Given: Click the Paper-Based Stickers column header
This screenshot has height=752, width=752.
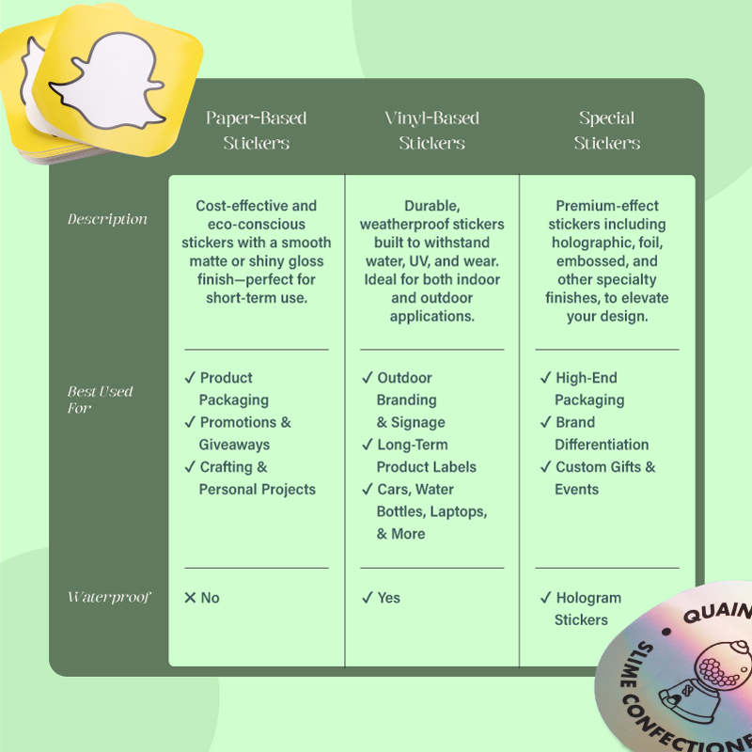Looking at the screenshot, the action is [x=256, y=130].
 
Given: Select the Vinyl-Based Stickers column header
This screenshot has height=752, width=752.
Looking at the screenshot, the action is [x=431, y=130].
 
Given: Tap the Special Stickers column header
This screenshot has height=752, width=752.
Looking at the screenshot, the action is [x=606, y=130].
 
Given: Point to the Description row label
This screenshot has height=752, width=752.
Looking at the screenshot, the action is [x=107, y=219].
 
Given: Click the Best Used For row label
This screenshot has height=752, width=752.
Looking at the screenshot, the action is [x=100, y=399].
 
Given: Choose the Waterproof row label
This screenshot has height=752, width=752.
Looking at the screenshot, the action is [x=109, y=597].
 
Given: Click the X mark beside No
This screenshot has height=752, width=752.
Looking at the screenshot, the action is [x=190, y=598].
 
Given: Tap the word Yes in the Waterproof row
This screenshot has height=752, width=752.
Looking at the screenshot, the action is [x=388, y=598].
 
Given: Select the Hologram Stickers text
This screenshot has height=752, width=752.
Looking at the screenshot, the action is [x=587, y=608].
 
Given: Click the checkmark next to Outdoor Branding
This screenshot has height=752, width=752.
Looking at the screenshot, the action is [x=368, y=378].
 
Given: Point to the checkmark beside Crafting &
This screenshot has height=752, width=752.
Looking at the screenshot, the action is [x=190, y=466].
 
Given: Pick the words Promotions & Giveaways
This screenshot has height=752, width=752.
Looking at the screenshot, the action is [x=245, y=433].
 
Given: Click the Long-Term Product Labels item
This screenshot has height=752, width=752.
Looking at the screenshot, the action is [x=427, y=456].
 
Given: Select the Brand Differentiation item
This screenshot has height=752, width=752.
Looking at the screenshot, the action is [x=602, y=433].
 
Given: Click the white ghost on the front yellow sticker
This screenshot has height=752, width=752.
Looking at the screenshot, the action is [x=109, y=81].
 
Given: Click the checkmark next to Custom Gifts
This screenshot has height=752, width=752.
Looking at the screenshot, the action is [x=545, y=466].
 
